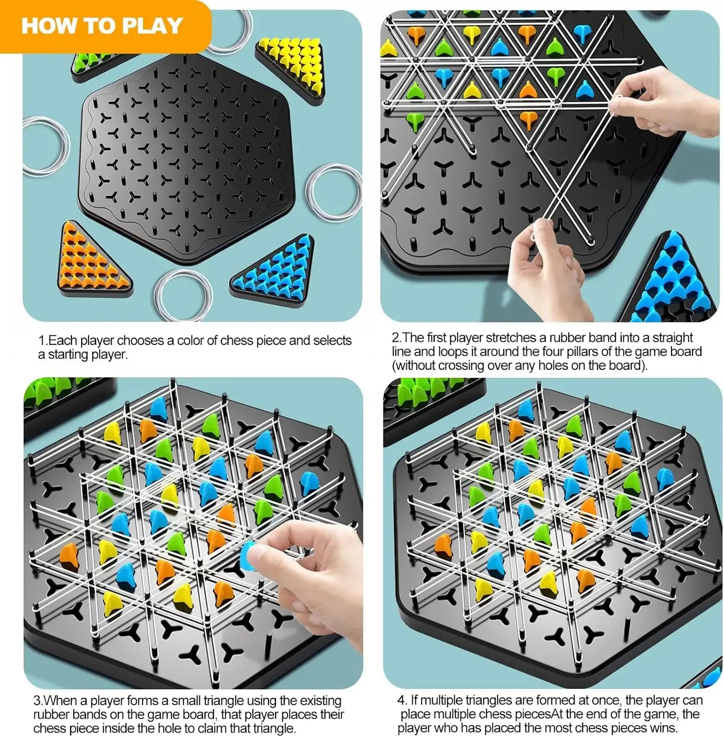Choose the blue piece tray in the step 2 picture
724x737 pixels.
click(x=673, y=280)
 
